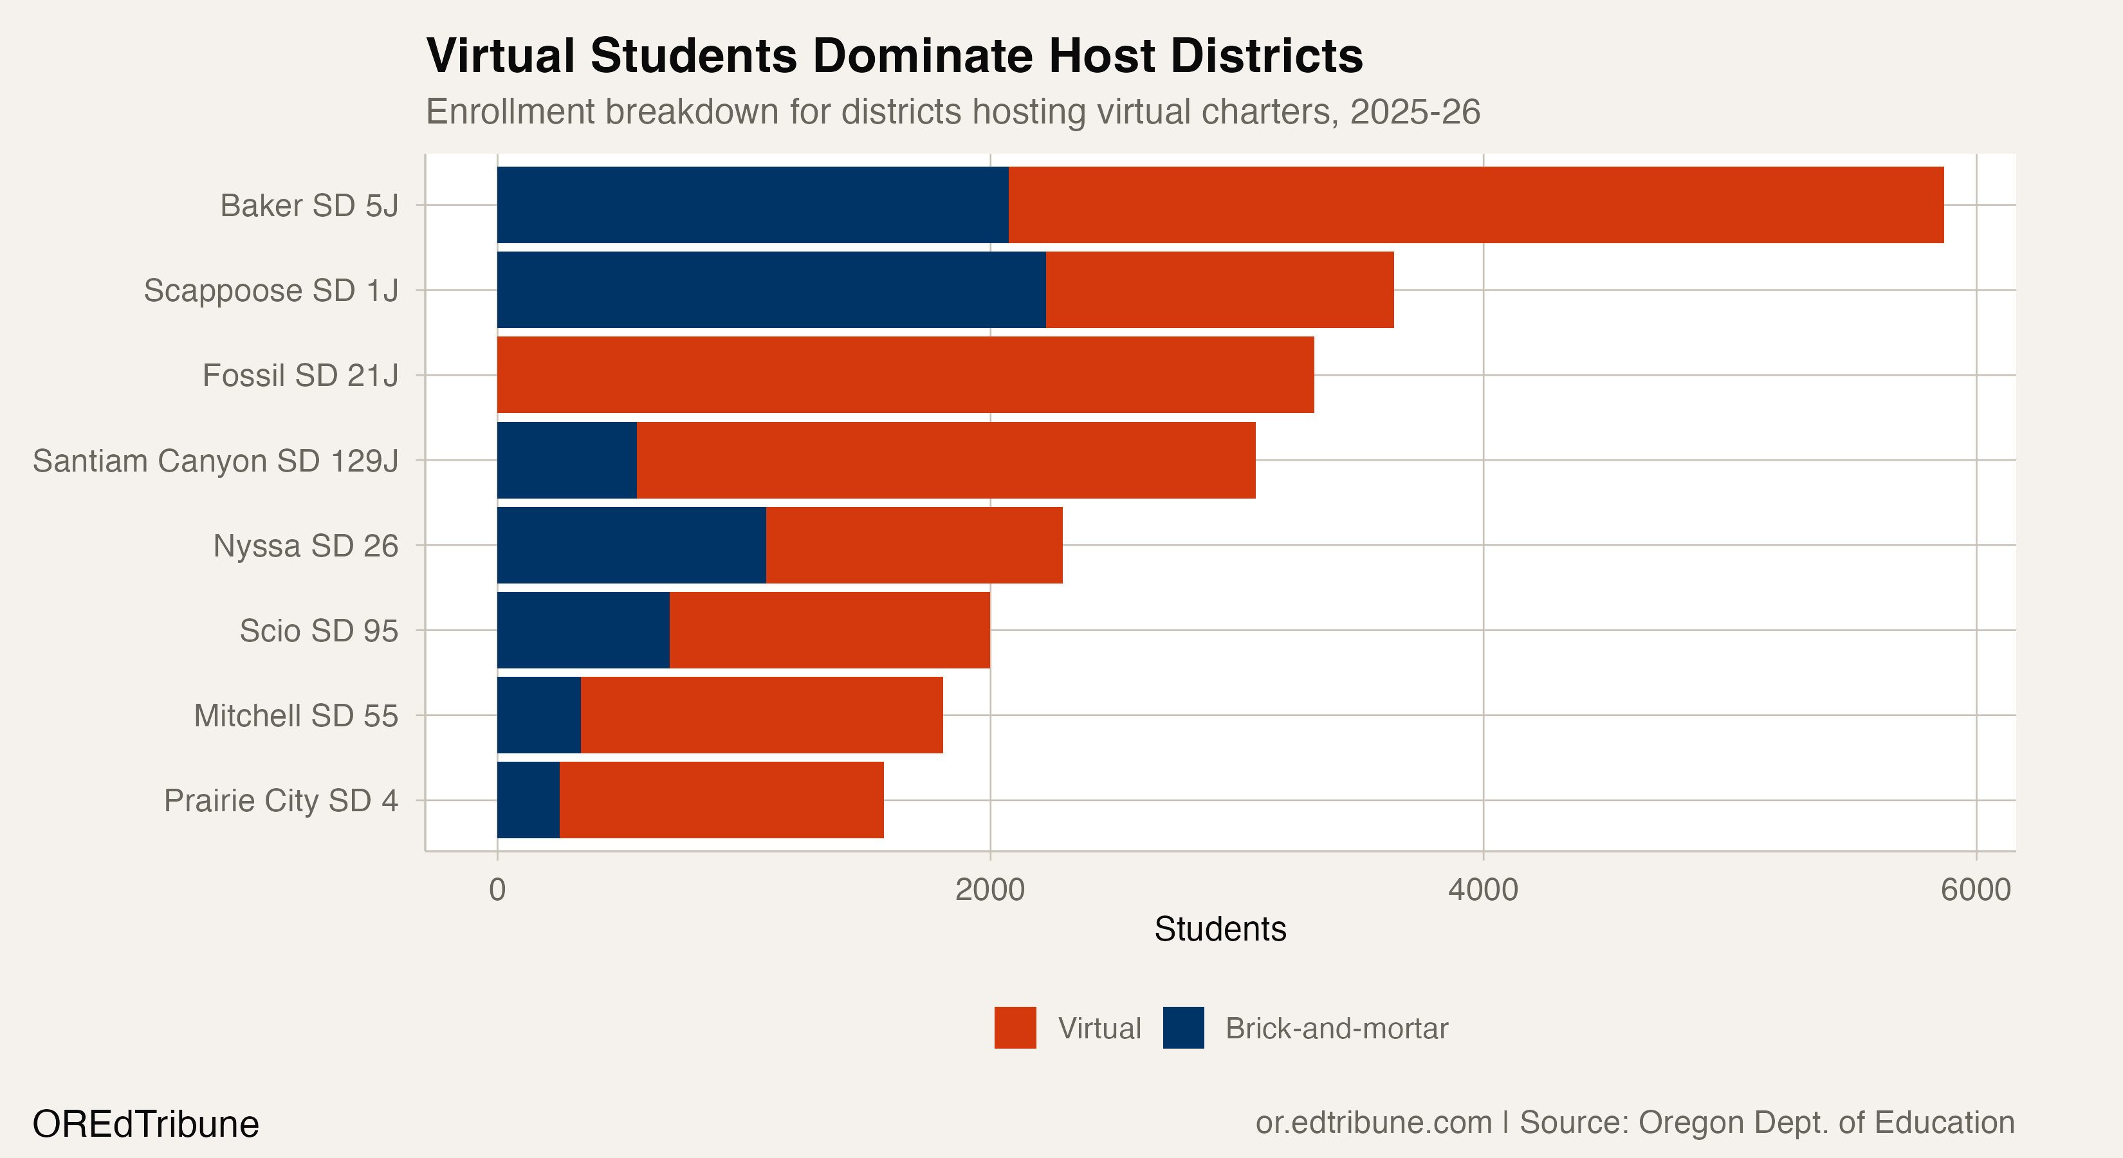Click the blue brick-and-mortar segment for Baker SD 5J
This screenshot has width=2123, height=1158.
click(751, 205)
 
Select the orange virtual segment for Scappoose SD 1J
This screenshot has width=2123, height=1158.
click(1220, 289)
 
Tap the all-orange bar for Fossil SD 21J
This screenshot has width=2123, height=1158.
click(905, 375)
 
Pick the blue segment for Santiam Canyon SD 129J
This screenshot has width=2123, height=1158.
click(567, 460)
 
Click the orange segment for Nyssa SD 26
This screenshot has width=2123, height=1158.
click(914, 545)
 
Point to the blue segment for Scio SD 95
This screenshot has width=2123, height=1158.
click(583, 630)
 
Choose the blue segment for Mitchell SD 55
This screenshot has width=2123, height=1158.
click(539, 715)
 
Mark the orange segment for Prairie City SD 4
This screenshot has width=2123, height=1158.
click(721, 800)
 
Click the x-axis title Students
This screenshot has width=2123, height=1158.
click(1220, 930)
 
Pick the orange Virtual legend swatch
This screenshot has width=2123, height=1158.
click(1015, 1028)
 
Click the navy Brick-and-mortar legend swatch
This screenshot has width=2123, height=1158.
click(1182, 1028)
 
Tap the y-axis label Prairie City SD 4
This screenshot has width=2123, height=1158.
click(281, 800)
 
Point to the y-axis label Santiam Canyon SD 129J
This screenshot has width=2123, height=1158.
click(215, 461)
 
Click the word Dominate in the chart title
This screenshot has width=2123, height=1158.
click(923, 56)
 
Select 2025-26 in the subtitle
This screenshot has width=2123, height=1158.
click(1414, 111)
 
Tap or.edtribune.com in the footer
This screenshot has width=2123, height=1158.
click(1373, 1123)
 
